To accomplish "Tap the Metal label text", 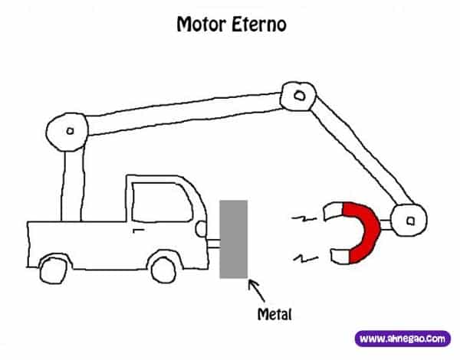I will (x=274, y=313).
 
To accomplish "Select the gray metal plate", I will (x=233, y=238).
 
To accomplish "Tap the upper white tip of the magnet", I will (x=333, y=209).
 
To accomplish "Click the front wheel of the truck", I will (x=163, y=268).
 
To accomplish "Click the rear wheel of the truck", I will (x=52, y=269).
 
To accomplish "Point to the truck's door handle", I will (x=138, y=227).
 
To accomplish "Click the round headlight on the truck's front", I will (x=200, y=227).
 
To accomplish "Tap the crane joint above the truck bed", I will (x=68, y=131).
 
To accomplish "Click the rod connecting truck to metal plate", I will (x=212, y=246).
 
